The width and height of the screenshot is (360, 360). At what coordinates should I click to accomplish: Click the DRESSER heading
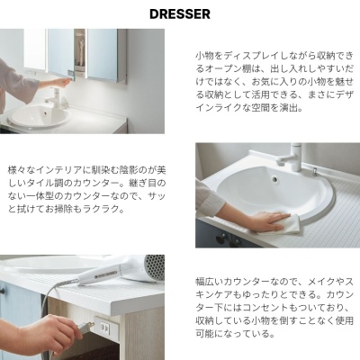pyautogui.click(x=180, y=14)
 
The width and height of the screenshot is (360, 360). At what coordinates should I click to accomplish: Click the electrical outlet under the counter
pyautogui.click(x=105, y=327)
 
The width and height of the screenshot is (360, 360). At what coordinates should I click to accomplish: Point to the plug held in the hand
pyautogui.click(x=86, y=327)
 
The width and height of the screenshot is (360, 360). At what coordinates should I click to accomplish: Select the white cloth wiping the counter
pyautogui.click(x=278, y=224)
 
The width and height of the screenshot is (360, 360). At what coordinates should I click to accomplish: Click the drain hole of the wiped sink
pyautogui.click(x=274, y=179)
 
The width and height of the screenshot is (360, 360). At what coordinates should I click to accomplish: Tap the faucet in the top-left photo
pyautogui.click(x=57, y=97)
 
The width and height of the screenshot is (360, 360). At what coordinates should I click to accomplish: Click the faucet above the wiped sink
pyautogui.click(x=291, y=157)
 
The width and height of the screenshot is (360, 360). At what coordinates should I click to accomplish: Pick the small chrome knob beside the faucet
pyautogui.click(x=314, y=171)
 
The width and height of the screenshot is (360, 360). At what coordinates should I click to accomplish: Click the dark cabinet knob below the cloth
pyautogui.click(x=221, y=238)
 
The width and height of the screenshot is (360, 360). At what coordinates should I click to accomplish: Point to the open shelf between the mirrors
pyautogui.click(x=80, y=51)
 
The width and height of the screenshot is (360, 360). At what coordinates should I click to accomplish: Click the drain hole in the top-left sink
pyautogui.click(x=45, y=113)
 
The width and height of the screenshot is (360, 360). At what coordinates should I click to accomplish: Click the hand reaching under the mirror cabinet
pyautogui.click(x=58, y=82)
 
